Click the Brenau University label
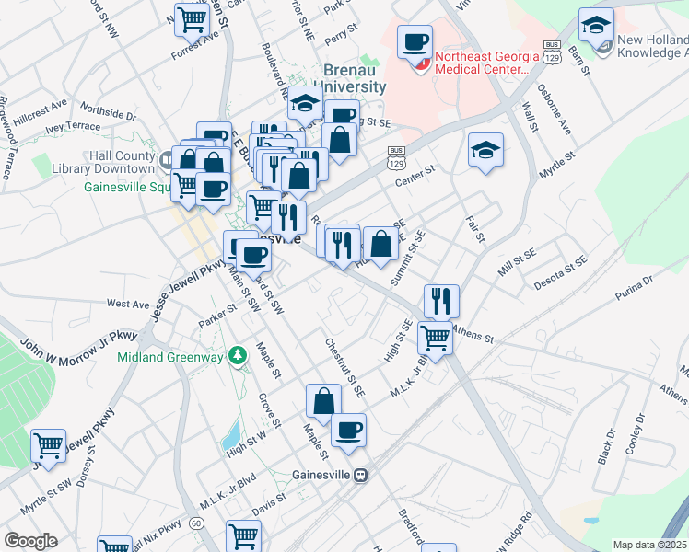click(x=355, y=77)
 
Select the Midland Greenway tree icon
click(x=238, y=354)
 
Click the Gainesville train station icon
click(x=361, y=475)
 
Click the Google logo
click(x=30, y=541)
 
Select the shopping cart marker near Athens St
click(x=435, y=337)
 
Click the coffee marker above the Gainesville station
click(x=348, y=430)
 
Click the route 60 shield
click(x=196, y=523)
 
